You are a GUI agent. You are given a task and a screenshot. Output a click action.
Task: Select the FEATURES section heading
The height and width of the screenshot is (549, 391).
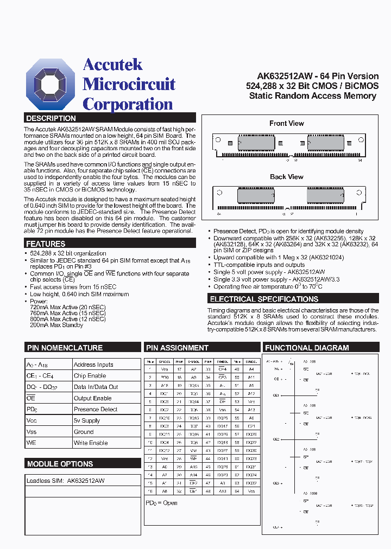tap(46, 244)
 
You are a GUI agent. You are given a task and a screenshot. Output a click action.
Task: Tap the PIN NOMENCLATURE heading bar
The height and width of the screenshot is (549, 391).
tap(65, 348)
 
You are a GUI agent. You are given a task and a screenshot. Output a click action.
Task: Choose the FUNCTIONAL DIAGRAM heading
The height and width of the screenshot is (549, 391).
tap(307, 348)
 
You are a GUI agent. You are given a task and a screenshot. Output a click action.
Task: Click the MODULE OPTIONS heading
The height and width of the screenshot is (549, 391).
tap(60, 464)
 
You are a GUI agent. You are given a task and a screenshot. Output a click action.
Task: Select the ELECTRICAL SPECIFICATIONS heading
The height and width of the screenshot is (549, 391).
tap(264, 299)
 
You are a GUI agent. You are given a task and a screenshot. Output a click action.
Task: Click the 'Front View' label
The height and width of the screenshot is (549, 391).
tap(287, 124)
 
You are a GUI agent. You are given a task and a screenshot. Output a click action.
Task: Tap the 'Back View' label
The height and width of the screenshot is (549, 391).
tap(287, 177)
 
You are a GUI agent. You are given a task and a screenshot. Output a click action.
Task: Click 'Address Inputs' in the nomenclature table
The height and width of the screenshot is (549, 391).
tap(93, 365)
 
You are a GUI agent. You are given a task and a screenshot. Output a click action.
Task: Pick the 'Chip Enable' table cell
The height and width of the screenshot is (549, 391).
tap(90, 376)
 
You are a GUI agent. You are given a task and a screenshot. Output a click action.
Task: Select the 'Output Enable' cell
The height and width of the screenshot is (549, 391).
tap(93, 398)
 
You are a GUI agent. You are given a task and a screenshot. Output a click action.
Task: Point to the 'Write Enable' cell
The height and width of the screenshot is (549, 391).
tap(91, 443)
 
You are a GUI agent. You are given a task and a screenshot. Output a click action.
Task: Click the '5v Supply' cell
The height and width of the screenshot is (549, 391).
tap(87, 420)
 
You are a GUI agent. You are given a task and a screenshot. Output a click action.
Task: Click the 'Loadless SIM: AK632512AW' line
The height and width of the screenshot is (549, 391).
tap(66, 481)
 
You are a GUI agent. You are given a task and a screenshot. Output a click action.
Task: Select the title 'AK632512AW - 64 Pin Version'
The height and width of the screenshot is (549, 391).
tap(318, 76)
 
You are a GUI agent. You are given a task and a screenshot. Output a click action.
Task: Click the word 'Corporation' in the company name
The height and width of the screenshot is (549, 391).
tap(128, 104)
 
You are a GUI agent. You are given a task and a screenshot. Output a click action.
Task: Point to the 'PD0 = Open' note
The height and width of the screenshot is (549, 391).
tap(161, 503)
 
